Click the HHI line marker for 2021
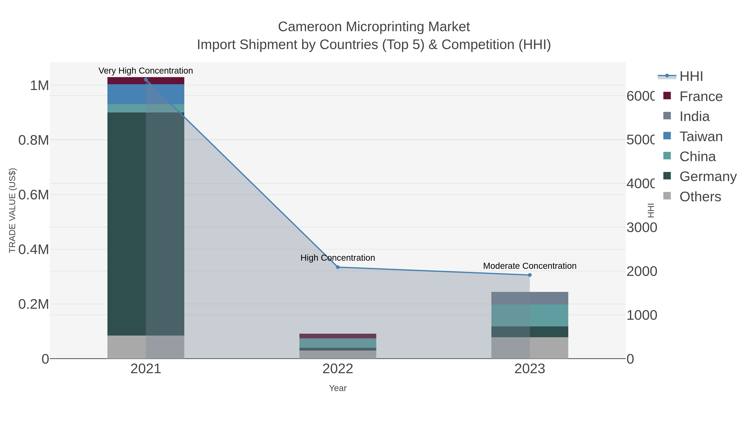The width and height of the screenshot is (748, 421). click(x=146, y=80)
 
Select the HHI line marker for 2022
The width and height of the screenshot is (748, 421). click(x=338, y=267)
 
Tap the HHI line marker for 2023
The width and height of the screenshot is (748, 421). click(x=530, y=275)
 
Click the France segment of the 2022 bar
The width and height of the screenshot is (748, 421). click(x=338, y=336)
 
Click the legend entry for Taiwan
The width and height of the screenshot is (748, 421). click(x=700, y=137)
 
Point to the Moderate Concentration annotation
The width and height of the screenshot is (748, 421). click(x=530, y=266)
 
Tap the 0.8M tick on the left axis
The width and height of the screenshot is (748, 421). click(x=33, y=140)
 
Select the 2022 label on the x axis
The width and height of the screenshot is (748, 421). click(x=338, y=369)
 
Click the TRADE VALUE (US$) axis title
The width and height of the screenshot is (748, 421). click(x=12, y=210)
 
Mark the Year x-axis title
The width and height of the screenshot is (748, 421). click(x=338, y=388)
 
